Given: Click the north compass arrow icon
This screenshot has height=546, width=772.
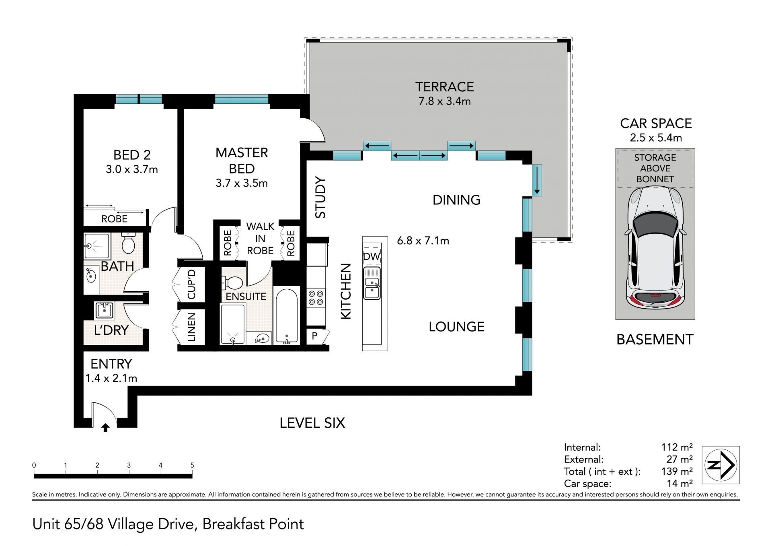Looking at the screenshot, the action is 721,465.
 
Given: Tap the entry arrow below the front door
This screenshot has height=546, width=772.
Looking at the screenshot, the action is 105,427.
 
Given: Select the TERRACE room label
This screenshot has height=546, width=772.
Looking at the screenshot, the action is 444,87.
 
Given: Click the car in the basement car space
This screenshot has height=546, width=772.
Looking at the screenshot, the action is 655,249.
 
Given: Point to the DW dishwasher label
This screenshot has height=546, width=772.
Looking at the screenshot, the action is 371,257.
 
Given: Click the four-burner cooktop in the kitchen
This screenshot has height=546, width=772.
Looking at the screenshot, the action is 316,298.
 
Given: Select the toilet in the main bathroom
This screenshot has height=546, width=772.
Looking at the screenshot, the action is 128,243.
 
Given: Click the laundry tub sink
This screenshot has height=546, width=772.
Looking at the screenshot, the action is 105,311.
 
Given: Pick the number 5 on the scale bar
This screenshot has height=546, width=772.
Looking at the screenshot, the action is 192,465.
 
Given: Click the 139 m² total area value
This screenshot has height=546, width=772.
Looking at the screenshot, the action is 677,471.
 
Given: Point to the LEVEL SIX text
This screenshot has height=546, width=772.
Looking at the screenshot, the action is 312,423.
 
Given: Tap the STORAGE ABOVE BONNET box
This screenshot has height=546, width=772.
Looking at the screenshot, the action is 655,169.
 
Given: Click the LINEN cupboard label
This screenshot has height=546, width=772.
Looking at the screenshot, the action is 191,327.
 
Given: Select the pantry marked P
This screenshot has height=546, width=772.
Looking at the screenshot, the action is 315,336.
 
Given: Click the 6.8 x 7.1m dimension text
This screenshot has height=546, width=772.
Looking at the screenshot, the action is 423,241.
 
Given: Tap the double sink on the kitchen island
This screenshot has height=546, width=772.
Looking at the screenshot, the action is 372,284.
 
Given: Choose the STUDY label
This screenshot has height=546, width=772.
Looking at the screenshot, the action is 320,197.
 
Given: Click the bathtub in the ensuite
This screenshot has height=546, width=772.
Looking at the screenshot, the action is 286,316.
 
